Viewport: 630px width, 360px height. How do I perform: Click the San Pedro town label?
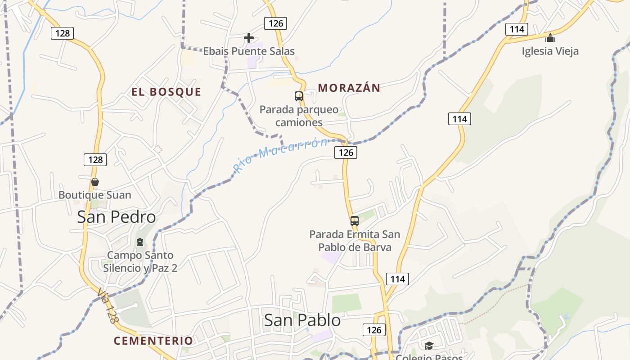coord(117,217)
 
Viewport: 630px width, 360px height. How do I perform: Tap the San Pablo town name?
coord(302,320)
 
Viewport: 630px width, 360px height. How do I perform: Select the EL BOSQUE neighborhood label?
coord(166,92)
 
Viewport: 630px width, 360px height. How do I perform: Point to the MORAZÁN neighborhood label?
coord(349,88)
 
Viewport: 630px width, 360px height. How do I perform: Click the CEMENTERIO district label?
coord(153,341)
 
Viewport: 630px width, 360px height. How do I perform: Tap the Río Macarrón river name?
coord(281,156)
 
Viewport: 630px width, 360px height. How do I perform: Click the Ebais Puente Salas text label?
coord(249,51)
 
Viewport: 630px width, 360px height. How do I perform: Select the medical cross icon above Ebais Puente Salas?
coord(248,38)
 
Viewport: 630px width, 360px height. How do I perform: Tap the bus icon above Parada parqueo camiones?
coord(299,96)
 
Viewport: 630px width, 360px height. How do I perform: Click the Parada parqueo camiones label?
coord(299,116)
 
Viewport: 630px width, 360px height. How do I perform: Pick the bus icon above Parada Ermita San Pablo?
coord(355,221)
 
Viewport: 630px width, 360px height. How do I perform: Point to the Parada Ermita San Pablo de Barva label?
coord(355,241)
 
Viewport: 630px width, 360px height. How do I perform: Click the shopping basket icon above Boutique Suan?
coord(95,182)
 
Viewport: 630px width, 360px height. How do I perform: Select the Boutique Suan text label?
coord(95,195)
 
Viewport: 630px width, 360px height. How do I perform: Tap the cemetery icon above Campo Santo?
coord(140,242)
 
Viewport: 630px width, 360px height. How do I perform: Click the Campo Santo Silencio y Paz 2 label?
coord(140,261)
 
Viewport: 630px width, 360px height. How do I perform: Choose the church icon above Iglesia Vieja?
coord(550,38)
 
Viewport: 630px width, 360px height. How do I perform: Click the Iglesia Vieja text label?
coord(550,51)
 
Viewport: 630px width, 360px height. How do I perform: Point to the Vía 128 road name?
coord(108,306)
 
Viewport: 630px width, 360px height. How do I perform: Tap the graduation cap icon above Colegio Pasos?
coord(429,346)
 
